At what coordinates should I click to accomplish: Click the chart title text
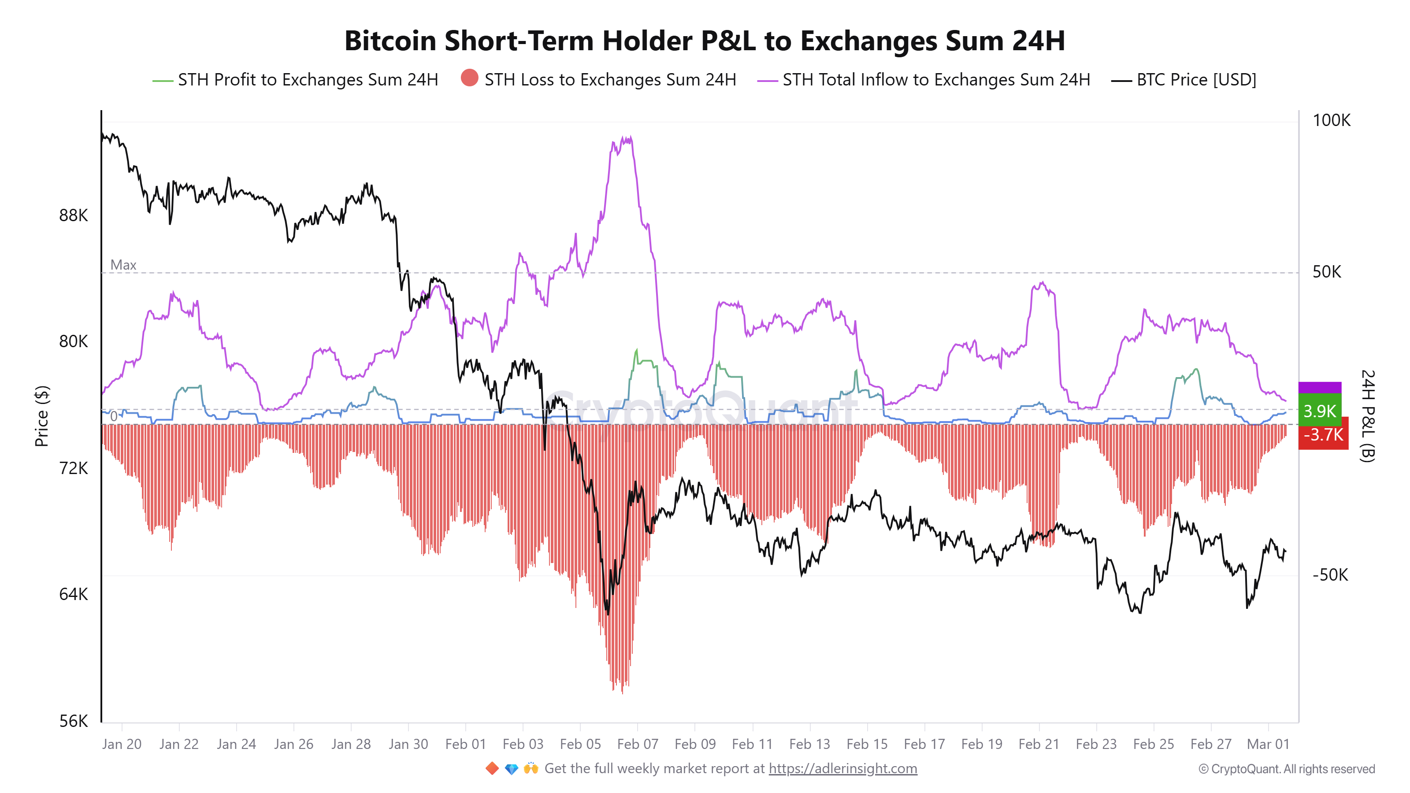[x=705, y=41]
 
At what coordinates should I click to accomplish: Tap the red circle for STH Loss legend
[x=469, y=78]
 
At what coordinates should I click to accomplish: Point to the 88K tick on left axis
[x=73, y=215]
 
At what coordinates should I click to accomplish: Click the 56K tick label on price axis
[x=73, y=721]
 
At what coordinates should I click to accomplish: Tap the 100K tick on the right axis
[x=1331, y=120]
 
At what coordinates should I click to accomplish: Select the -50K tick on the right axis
[x=1330, y=574]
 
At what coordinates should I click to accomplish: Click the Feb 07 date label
[x=637, y=744]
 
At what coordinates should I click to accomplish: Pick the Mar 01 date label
[x=1268, y=744]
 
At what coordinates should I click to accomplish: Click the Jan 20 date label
[x=122, y=744]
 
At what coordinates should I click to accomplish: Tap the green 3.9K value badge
[x=1319, y=411]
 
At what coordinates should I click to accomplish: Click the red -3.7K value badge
[x=1323, y=434]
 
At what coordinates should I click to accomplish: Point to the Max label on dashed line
[x=123, y=265]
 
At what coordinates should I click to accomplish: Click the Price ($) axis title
[x=41, y=416]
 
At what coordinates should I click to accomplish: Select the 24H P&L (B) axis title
[x=1367, y=416]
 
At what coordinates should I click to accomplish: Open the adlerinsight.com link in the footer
[x=842, y=768]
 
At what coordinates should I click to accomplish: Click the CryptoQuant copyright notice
[x=1286, y=769]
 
